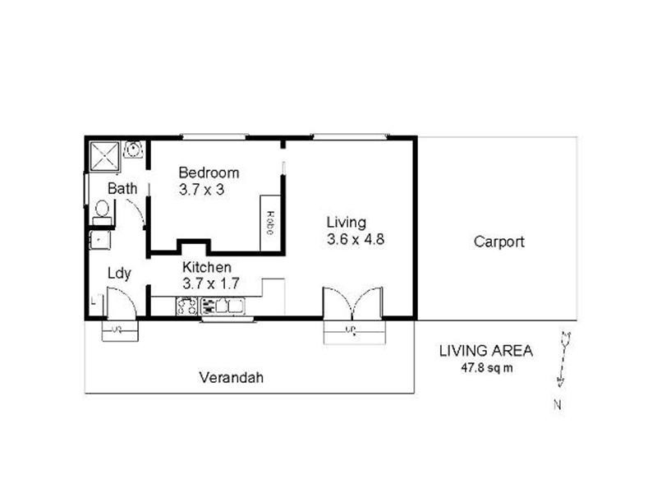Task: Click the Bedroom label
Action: (x=209, y=173)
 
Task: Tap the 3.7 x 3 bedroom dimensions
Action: (x=202, y=189)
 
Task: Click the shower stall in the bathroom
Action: (x=105, y=154)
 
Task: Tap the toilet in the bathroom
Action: (x=101, y=213)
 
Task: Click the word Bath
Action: (x=123, y=188)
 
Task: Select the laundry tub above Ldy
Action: (x=101, y=241)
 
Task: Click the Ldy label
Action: (x=120, y=274)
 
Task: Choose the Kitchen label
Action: (x=206, y=267)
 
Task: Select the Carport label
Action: (x=498, y=242)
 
